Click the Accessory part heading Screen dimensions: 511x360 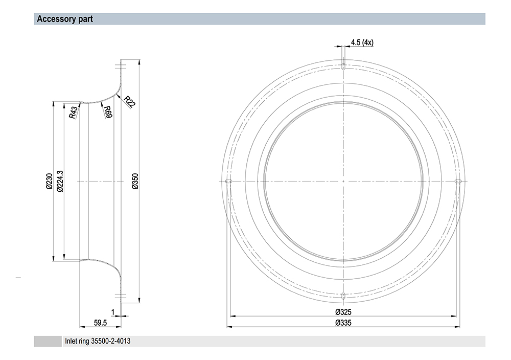point(65,19)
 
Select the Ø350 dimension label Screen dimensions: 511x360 point(135,181)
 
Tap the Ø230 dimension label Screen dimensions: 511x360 point(49,181)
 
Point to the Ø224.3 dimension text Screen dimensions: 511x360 point(60,181)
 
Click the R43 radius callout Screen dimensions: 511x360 point(74,112)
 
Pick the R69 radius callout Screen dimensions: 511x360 point(108,112)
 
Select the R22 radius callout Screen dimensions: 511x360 point(129,102)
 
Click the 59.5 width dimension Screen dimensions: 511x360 point(100,323)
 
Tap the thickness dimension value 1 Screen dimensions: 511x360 point(113,312)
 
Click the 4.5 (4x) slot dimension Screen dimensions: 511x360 point(362,42)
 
